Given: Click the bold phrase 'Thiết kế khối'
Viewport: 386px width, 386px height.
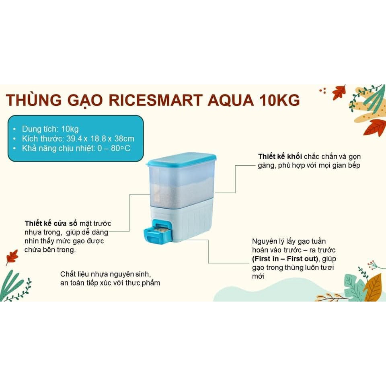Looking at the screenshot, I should click(x=280, y=156).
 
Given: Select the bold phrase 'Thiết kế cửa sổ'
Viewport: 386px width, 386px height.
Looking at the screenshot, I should click(x=51, y=223).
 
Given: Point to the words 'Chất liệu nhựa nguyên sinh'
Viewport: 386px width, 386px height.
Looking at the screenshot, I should click(x=105, y=274).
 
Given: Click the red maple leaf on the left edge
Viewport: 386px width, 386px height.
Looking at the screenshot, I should click(x=12, y=257).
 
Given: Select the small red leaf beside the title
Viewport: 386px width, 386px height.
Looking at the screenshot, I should click(x=339, y=92).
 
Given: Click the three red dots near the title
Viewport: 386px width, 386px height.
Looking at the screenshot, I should click(x=322, y=91).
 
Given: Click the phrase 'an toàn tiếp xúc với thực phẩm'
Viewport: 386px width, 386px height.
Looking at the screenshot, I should click(x=110, y=283).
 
